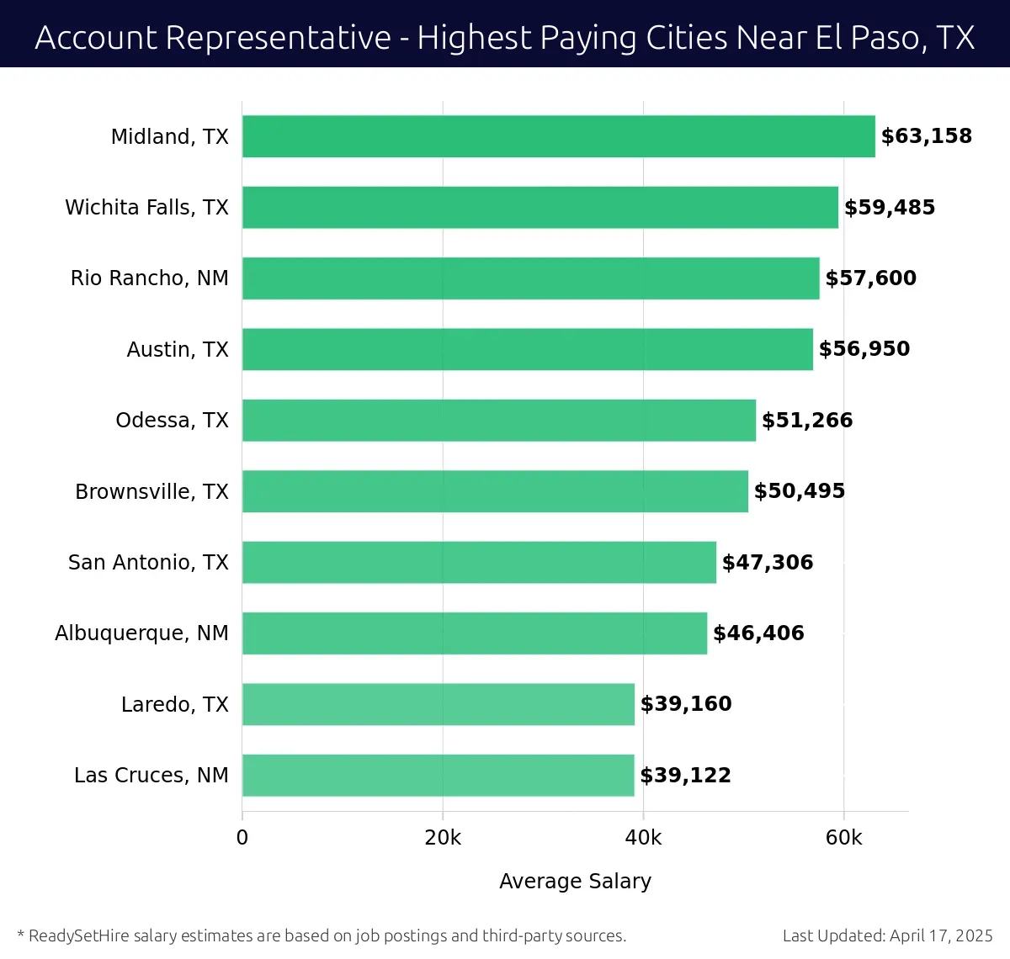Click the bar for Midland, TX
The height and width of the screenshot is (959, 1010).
(x=558, y=136)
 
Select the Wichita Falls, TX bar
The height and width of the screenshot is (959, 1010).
(x=540, y=207)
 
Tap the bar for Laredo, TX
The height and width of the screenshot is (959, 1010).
(x=438, y=704)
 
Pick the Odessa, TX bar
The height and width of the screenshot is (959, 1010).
(x=498, y=420)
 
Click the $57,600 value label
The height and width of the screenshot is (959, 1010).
(x=870, y=278)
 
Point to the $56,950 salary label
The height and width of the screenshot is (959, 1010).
(x=864, y=349)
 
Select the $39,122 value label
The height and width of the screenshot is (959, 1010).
(x=685, y=776)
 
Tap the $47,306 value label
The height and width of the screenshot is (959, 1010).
(x=768, y=562)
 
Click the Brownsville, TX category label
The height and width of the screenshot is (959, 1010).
(x=151, y=491)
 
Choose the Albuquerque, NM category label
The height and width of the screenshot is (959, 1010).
(x=141, y=633)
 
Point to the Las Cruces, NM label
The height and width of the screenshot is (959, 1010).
(x=151, y=775)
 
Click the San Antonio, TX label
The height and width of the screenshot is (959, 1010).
(x=148, y=562)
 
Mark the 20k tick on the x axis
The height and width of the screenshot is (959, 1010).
(x=443, y=838)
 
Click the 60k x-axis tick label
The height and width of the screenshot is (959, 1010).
(x=843, y=838)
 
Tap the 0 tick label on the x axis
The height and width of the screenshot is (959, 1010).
(x=242, y=838)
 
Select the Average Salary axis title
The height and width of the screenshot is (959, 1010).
(x=575, y=881)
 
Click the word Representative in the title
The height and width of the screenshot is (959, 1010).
(x=278, y=38)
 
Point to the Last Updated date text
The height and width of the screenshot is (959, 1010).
(x=887, y=935)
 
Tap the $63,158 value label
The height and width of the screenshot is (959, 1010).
(x=926, y=136)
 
